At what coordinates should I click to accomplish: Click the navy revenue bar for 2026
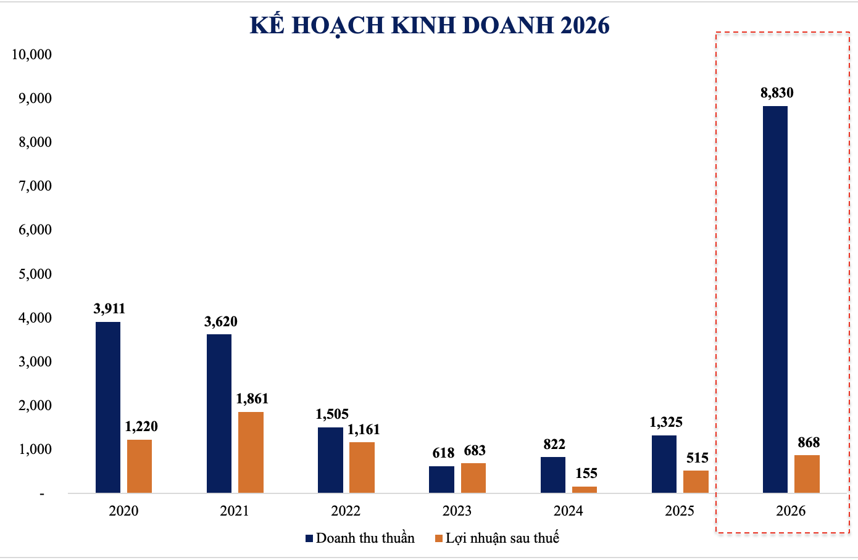[775, 299]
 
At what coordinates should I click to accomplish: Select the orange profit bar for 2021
[251, 452]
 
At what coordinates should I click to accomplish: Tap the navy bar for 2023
[441, 479]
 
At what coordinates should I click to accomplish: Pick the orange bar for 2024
[584, 490]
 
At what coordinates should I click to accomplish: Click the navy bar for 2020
[108, 407]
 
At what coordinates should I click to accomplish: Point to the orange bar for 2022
[362, 467]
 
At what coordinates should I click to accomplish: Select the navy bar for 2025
[664, 464]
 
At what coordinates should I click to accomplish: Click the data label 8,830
[777, 93]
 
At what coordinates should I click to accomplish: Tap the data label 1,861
[252, 399]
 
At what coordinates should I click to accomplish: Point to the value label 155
[586, 474]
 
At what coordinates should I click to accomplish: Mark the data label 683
[475, 451]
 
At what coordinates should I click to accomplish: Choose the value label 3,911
[109, 308]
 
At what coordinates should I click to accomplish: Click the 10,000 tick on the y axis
[31, 54]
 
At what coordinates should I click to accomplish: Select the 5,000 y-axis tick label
[35, 274]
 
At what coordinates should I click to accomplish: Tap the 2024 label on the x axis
[568, 511]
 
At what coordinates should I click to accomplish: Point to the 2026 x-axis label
[791, 511]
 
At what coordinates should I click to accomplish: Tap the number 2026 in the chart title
[585, 25]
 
